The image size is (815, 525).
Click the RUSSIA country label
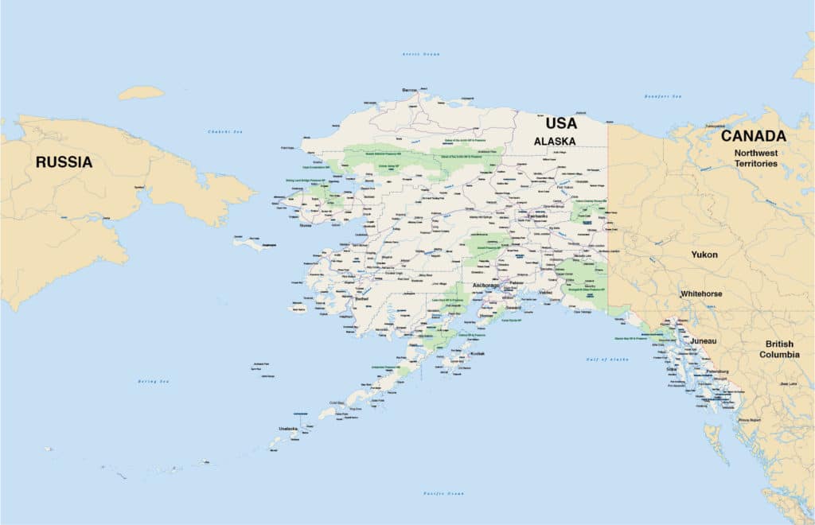[x=64, y=162]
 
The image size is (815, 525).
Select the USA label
[x=561, y=124]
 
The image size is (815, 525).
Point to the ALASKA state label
[x=555, y=141]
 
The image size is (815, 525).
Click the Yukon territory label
[x=704, y=255]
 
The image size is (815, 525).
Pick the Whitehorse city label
[x=701, y=294]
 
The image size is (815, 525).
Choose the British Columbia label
[x=779, y=349]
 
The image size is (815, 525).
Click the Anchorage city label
[x=485, y=285]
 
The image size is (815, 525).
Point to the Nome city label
[x=306, y=225]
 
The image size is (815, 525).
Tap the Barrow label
[x=410, y=90]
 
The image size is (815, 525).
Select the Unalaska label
[x=287, y=429]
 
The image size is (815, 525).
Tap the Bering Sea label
[x=153, y=382]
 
